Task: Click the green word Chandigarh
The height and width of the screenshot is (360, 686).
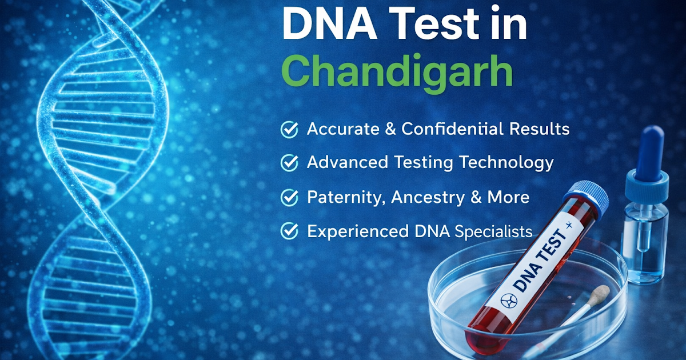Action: click(397, 71)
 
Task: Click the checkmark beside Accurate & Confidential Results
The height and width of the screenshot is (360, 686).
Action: click(289, 130)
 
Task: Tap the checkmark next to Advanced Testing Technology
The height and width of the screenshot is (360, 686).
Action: click(289, 163)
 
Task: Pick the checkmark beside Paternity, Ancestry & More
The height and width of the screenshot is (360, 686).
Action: click(289, 198)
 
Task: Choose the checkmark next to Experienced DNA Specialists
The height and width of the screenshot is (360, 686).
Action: click(289, 231)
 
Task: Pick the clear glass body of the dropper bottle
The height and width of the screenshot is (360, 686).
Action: click(645, 240)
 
